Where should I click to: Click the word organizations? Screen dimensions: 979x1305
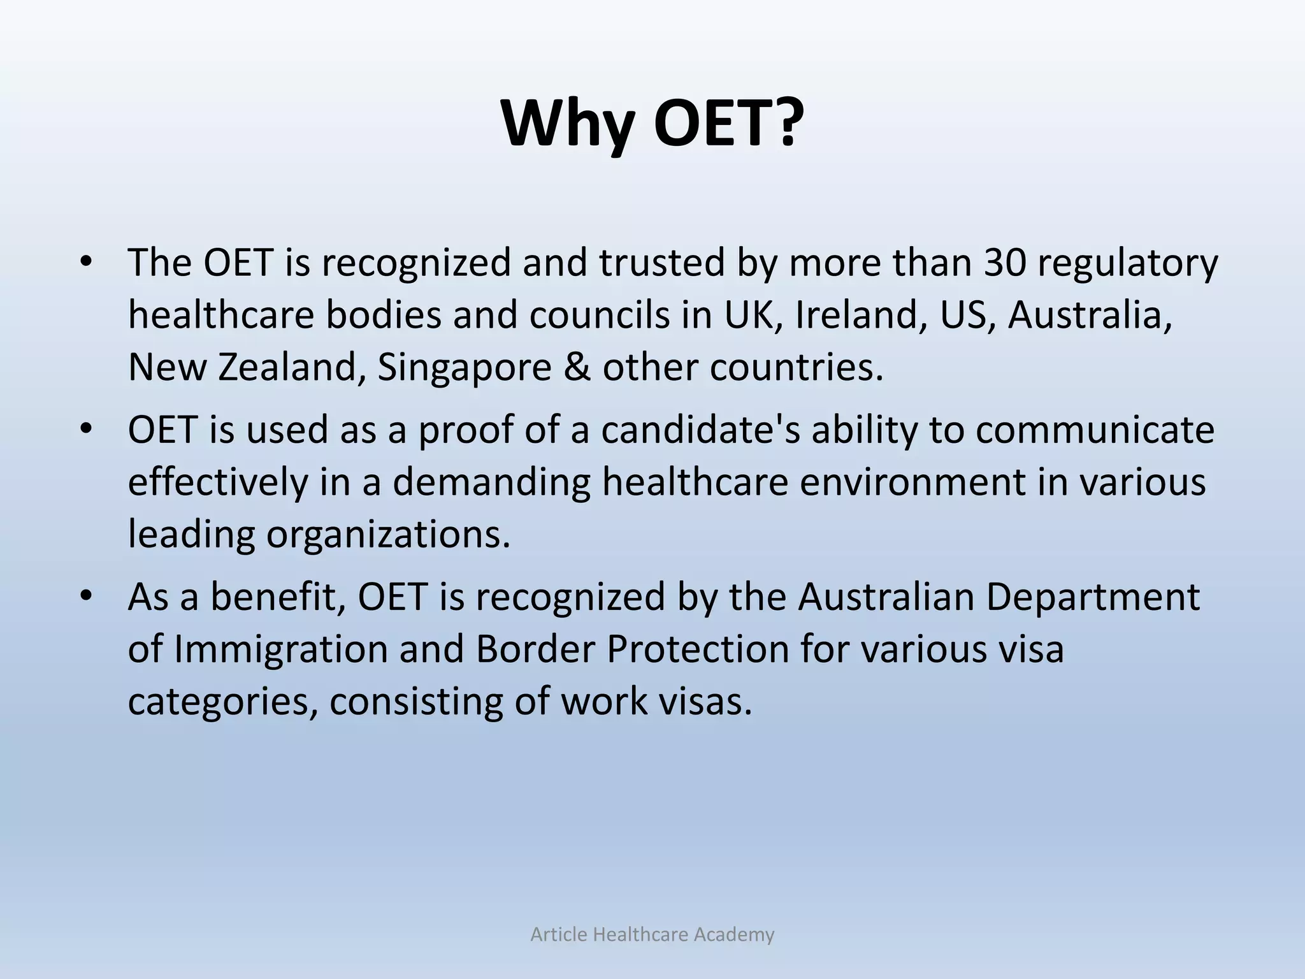pos(388,534)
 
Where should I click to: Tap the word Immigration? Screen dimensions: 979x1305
pos(281,649)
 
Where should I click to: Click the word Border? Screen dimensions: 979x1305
pos(534,649)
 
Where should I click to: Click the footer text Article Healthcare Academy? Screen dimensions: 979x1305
pos(652,934)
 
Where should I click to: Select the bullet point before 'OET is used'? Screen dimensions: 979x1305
pos(87,427)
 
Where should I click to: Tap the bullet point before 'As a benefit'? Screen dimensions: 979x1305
pos(87,595)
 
